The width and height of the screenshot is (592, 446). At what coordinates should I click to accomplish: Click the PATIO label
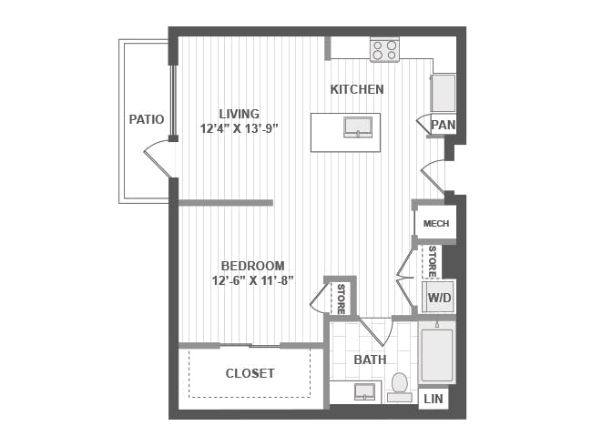click(x=147, y=119)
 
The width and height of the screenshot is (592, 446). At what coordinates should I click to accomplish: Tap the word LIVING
click(x=240, y=114)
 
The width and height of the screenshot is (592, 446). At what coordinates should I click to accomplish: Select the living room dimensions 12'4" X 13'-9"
click(x=239, y=128)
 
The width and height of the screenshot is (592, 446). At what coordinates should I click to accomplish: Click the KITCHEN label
click(x=357, y=89)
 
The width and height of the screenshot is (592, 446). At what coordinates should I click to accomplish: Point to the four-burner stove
click(x=384, y=50)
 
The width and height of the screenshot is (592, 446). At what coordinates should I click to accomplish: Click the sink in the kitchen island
click(x=358, y=127)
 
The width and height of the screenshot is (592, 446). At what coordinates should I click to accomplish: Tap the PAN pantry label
click(x=444, y=125)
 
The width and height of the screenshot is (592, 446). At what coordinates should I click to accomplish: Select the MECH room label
click(x=436, y=223)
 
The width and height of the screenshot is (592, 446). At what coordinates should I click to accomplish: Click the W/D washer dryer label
click(x=439, y=298)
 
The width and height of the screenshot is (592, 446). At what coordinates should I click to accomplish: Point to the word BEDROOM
click(x=252, y=266)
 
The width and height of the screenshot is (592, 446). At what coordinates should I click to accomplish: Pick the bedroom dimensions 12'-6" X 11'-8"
click(x=252, y=281)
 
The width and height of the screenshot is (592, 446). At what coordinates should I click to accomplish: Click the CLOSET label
click(x=250, y=373)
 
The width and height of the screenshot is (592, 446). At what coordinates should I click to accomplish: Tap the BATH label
click(x=370, y=360)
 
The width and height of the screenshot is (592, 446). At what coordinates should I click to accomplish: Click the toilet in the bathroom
click(x=400, y=387)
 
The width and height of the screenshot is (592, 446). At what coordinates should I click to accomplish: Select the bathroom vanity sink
click(x=364, y=391)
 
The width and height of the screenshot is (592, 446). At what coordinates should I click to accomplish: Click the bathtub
click(x=437, y=356)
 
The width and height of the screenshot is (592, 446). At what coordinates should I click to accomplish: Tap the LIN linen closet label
click(x=434, y=399)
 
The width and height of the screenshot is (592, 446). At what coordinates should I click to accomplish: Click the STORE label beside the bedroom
click(x=341, y=299)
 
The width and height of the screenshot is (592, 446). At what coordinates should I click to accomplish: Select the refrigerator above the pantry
click(x=444, y=93)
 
